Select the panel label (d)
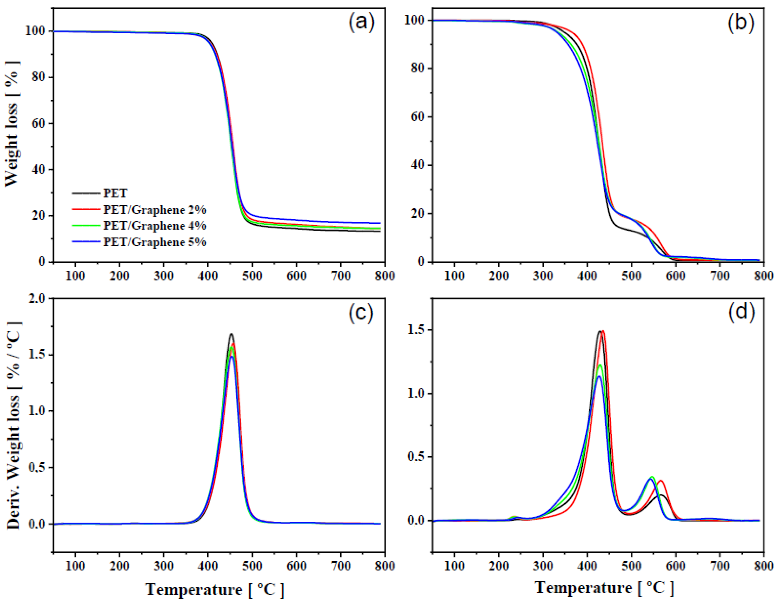click(x=740, y=313)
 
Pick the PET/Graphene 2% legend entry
click(x=155, y=210)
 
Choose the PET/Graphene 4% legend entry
click(x=155, y=226)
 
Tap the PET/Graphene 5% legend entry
click(x=155, y=242)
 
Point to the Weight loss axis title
click(x=11, y=123)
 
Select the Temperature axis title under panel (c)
click(x=215, y=590)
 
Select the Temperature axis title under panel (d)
click(x=604, y=587)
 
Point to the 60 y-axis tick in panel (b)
click(x=419, y=117)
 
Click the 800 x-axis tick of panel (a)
click(x=385, y=276)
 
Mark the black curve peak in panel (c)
click(x=231, y=334)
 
